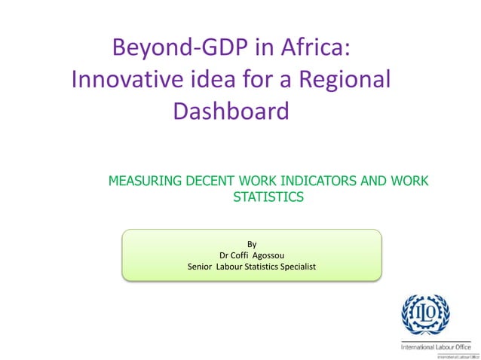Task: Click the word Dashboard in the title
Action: click(x=231, y=111)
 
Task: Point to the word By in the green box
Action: click(x=252, y=243)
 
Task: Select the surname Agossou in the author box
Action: click(x=274, y=255)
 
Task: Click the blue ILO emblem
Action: click(x=426, y=314)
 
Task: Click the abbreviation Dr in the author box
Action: click(x=224, y=255)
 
